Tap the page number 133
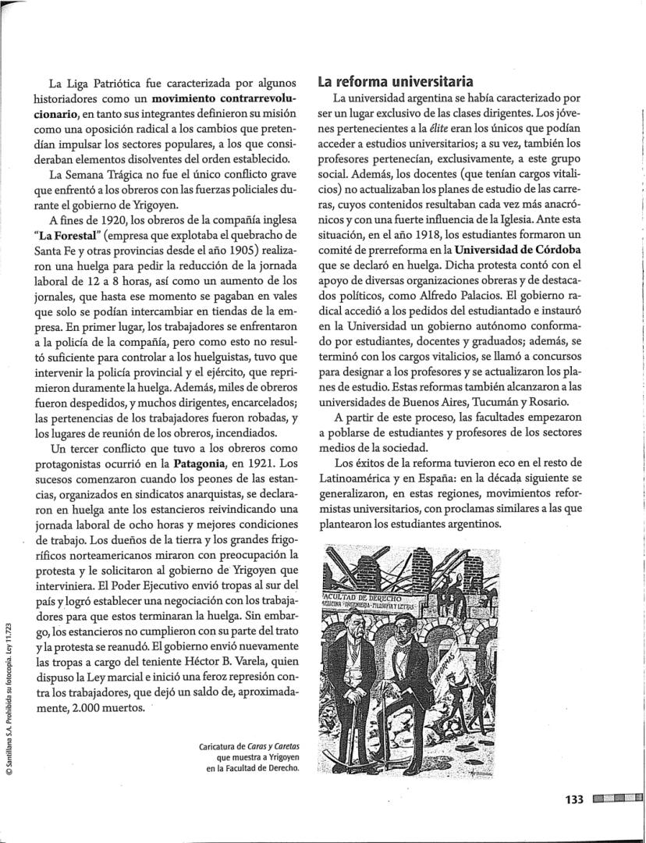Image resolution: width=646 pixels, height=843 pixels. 573,799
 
